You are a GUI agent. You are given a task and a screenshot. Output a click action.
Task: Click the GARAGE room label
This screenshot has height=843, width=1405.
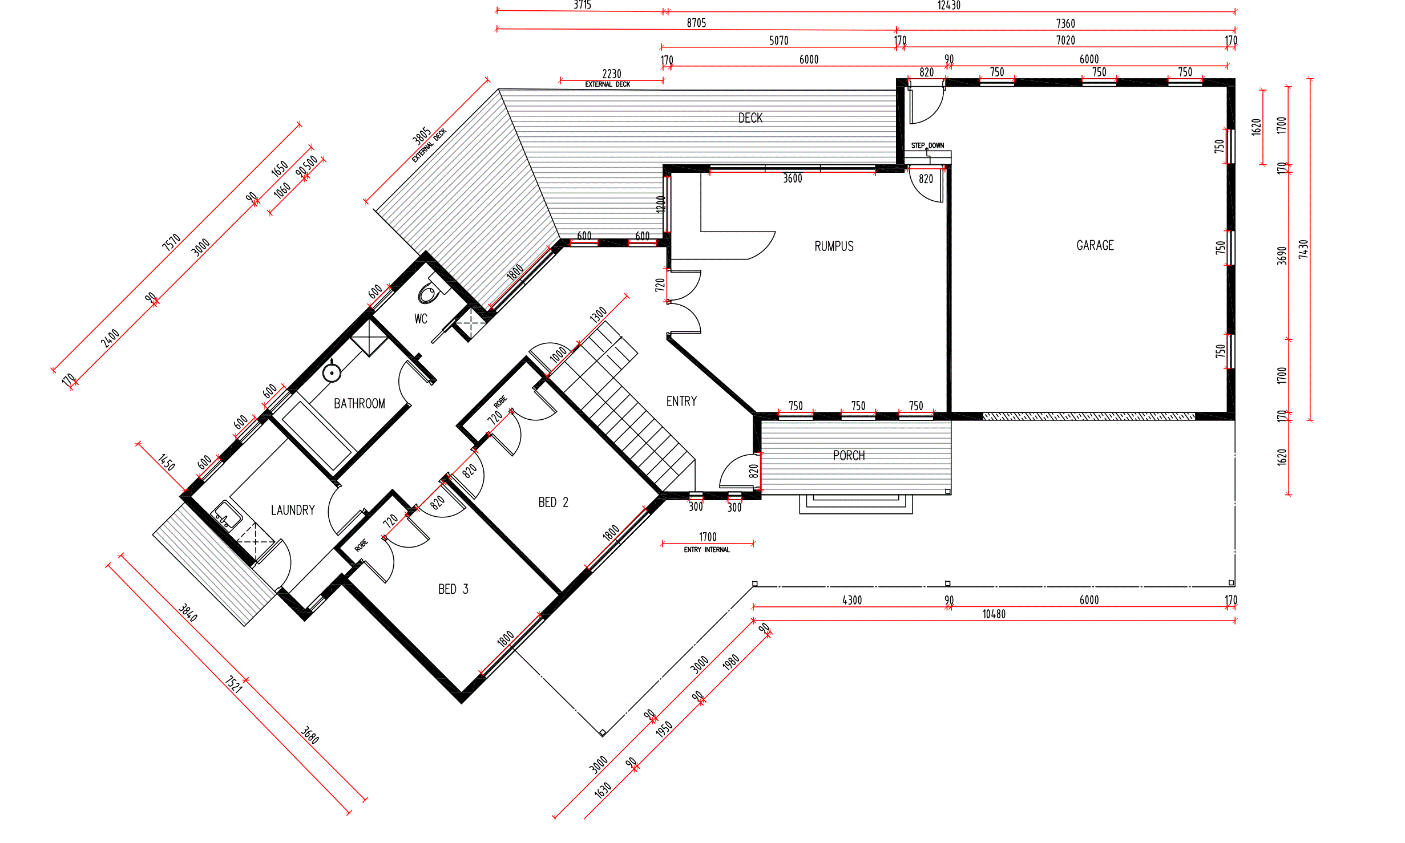pos(1095,245)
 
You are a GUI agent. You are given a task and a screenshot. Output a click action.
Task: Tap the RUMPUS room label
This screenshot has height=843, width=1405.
pos(834,246)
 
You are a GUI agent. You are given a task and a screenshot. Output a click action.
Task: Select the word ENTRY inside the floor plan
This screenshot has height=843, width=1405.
pos(681,402)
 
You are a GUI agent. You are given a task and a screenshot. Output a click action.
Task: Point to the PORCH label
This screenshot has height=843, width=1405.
pos(849,456)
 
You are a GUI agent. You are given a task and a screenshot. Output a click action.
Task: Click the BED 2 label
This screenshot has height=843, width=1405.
pos(553,502)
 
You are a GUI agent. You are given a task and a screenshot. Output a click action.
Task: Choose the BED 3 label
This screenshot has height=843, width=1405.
pos(453,589)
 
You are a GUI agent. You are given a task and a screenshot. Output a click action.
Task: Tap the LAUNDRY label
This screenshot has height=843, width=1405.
pos(293,510)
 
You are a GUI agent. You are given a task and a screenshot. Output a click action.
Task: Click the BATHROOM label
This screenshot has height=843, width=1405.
pos(360,404)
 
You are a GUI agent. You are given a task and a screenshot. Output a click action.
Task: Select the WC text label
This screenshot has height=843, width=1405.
pos(421,319)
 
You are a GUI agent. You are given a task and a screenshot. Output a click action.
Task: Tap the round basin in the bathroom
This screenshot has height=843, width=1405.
pos(332,373)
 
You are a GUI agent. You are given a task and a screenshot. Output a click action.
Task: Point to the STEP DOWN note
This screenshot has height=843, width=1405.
pos(927,145)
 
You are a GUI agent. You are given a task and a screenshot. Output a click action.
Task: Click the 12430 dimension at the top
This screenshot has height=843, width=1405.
pos(949,5)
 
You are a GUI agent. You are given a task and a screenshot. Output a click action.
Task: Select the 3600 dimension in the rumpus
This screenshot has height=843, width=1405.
pos(793,179)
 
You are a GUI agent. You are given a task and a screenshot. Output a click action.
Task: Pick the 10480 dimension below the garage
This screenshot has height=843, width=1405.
pos(994,614)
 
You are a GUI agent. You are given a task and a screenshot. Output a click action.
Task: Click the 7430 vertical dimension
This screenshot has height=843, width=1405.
pos(1303,249)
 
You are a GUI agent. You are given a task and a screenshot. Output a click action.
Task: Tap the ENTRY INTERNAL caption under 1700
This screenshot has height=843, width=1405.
pos(707,550)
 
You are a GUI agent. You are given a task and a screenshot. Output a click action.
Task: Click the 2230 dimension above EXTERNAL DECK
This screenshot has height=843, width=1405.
pos(612,74)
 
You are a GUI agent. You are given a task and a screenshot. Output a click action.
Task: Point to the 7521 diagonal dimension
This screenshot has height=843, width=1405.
pos(233,684)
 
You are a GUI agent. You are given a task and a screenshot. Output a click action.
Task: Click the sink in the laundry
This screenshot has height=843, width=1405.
pos(227,516)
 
